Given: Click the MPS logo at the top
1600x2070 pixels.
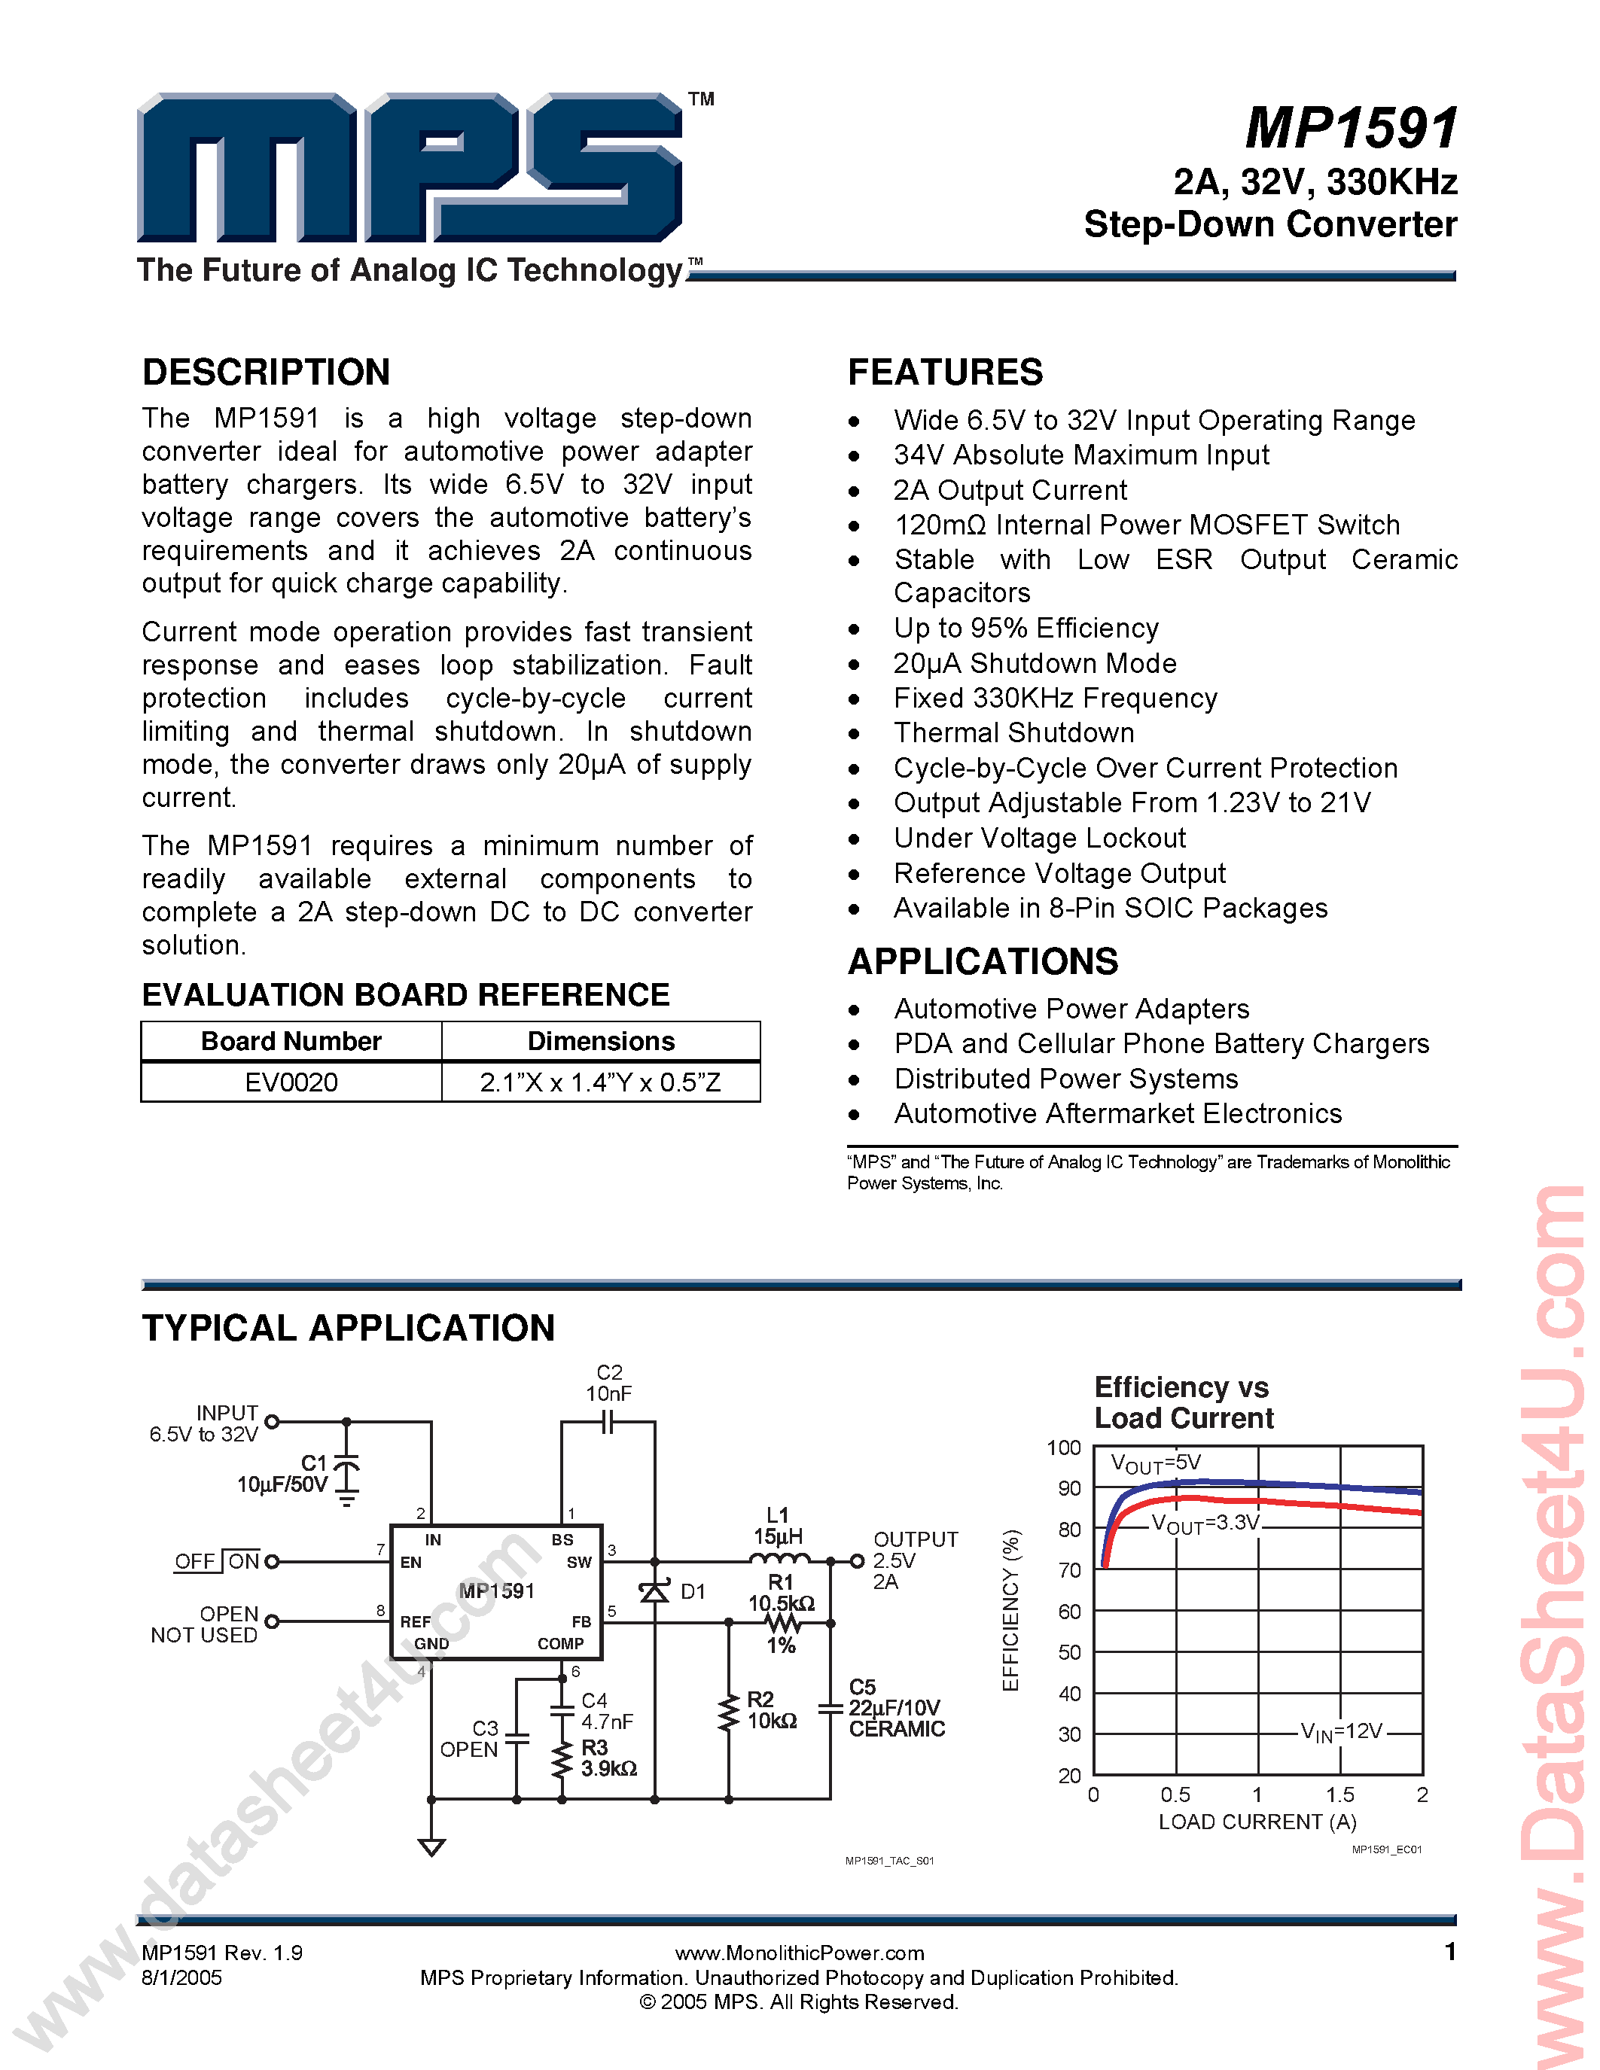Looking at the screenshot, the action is (x=410, y=168).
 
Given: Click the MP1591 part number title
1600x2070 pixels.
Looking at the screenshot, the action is (x=1351, y=129).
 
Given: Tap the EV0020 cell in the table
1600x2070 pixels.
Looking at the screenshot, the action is (x=291, y=1082).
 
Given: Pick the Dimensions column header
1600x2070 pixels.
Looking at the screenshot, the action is (x=601, y=1042).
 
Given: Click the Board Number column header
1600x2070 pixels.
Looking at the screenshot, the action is (x=291, y=1042).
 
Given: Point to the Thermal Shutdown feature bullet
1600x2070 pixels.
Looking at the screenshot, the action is (x=1013, y=732).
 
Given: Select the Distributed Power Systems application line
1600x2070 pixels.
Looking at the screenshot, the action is (x=1065, y=1079).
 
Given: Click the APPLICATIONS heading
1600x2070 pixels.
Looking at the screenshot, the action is (x=983, y=962).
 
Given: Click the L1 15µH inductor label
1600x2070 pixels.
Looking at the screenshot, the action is (x=779, y=1525).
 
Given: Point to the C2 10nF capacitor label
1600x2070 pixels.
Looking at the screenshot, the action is (x=608, y=1383).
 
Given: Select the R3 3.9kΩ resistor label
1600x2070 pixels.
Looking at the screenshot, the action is (x=608, y=1758).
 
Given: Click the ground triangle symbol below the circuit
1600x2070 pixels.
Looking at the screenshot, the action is (x=431, y=1847).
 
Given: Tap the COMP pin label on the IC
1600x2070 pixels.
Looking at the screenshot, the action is (x=560, y=1643).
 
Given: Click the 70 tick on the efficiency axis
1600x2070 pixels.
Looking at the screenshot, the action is (x=1069, y=1570).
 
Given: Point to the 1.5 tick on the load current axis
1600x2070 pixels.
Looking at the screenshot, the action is (x=1339, y=1795).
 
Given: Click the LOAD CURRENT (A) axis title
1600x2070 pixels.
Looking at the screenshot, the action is (x=1257, y=1822).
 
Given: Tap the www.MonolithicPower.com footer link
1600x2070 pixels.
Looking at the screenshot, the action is (x=799, y=1953).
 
